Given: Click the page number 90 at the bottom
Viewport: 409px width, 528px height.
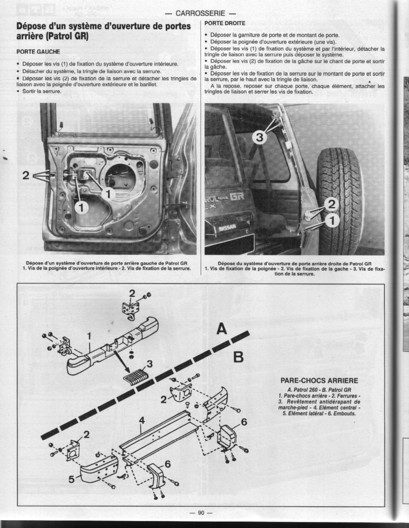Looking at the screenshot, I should pos(201,512).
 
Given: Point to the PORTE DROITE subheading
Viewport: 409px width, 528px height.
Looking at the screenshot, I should pos(224,23).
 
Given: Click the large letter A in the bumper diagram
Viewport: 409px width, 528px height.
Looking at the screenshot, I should pos(222,328).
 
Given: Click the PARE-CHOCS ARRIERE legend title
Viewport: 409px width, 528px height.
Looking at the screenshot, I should pos(319,380).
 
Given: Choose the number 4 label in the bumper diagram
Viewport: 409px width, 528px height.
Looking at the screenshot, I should pos(142,420).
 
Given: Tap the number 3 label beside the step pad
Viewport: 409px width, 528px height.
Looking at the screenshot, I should pos(150,364).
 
